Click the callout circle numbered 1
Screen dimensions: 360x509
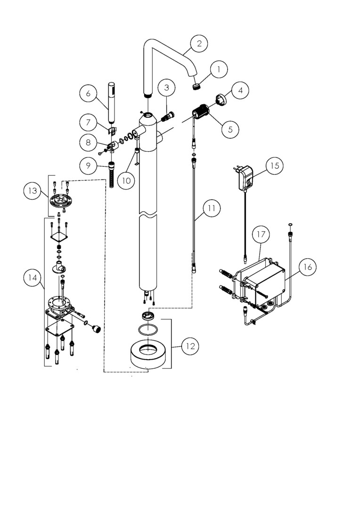pos(218,69)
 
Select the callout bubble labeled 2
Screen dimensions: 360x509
pos(199,43)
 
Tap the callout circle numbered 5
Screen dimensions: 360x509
pos(230,129)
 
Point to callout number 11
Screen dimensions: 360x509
pos(211,208)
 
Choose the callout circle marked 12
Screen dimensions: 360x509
pos(190,346)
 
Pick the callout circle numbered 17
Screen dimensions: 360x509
pos(261,234)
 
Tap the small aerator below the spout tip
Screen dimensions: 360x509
pos(196,87)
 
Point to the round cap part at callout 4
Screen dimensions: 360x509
pos(222,99)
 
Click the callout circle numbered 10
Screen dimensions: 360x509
pos(126,181)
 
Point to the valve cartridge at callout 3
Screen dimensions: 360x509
pos(167,116)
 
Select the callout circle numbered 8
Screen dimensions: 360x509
pos(89,142)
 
